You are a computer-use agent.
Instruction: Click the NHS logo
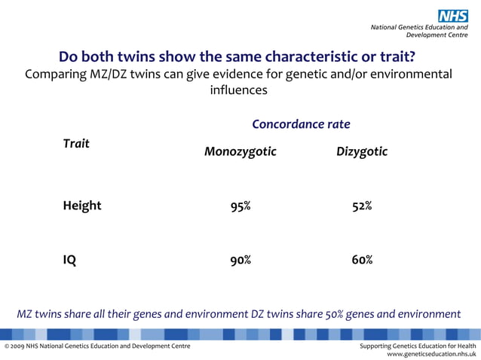coord(452,15)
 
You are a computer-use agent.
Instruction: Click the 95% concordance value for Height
coord(240,206)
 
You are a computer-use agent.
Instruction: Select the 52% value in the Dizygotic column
coord(362,206)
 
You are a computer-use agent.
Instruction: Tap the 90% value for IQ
coord(240,261)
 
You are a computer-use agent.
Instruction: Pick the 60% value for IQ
coord(362,261)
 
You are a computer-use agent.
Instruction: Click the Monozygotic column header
coord(240,152)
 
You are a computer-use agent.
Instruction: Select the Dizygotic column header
coord(362,152)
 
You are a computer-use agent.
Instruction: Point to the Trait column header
coord(76,143)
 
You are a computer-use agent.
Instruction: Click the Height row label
coord(81,206)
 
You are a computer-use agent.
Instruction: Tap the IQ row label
coord(69,261)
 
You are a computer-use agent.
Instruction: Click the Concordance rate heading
coord(301,124)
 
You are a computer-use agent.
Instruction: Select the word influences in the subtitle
coord(238,90)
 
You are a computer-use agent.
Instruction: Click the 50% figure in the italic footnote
coord(334,314)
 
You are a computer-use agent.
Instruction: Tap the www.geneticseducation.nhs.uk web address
coord(431,352)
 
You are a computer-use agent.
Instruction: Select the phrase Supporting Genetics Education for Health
coord(418,346)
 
